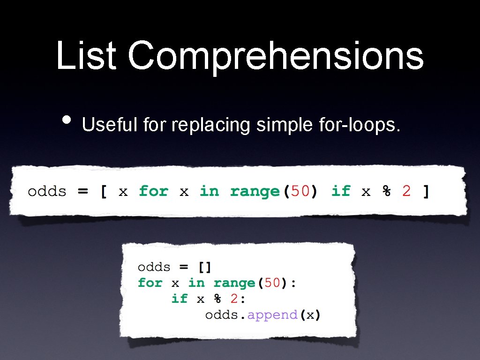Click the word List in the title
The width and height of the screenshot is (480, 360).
pos(86,56)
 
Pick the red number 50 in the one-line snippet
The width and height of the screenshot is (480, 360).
pos(300,192)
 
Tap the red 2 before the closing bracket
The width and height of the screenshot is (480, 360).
pos(406,191)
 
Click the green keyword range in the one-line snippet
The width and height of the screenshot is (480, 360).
pos(255,192)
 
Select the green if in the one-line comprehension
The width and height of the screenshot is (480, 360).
pos(341,191)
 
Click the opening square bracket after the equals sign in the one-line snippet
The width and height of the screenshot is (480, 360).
pos(103,192)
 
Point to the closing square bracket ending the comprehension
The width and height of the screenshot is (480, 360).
pos(426,192)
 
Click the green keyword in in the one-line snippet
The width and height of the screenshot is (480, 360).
pos(209,191)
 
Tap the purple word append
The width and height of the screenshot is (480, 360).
pos(272,315)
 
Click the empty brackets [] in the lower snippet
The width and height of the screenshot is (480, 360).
pos(205,267)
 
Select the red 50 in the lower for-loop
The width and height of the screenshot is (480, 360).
pos(273,283)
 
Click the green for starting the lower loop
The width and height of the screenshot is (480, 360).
pos(150,283)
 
